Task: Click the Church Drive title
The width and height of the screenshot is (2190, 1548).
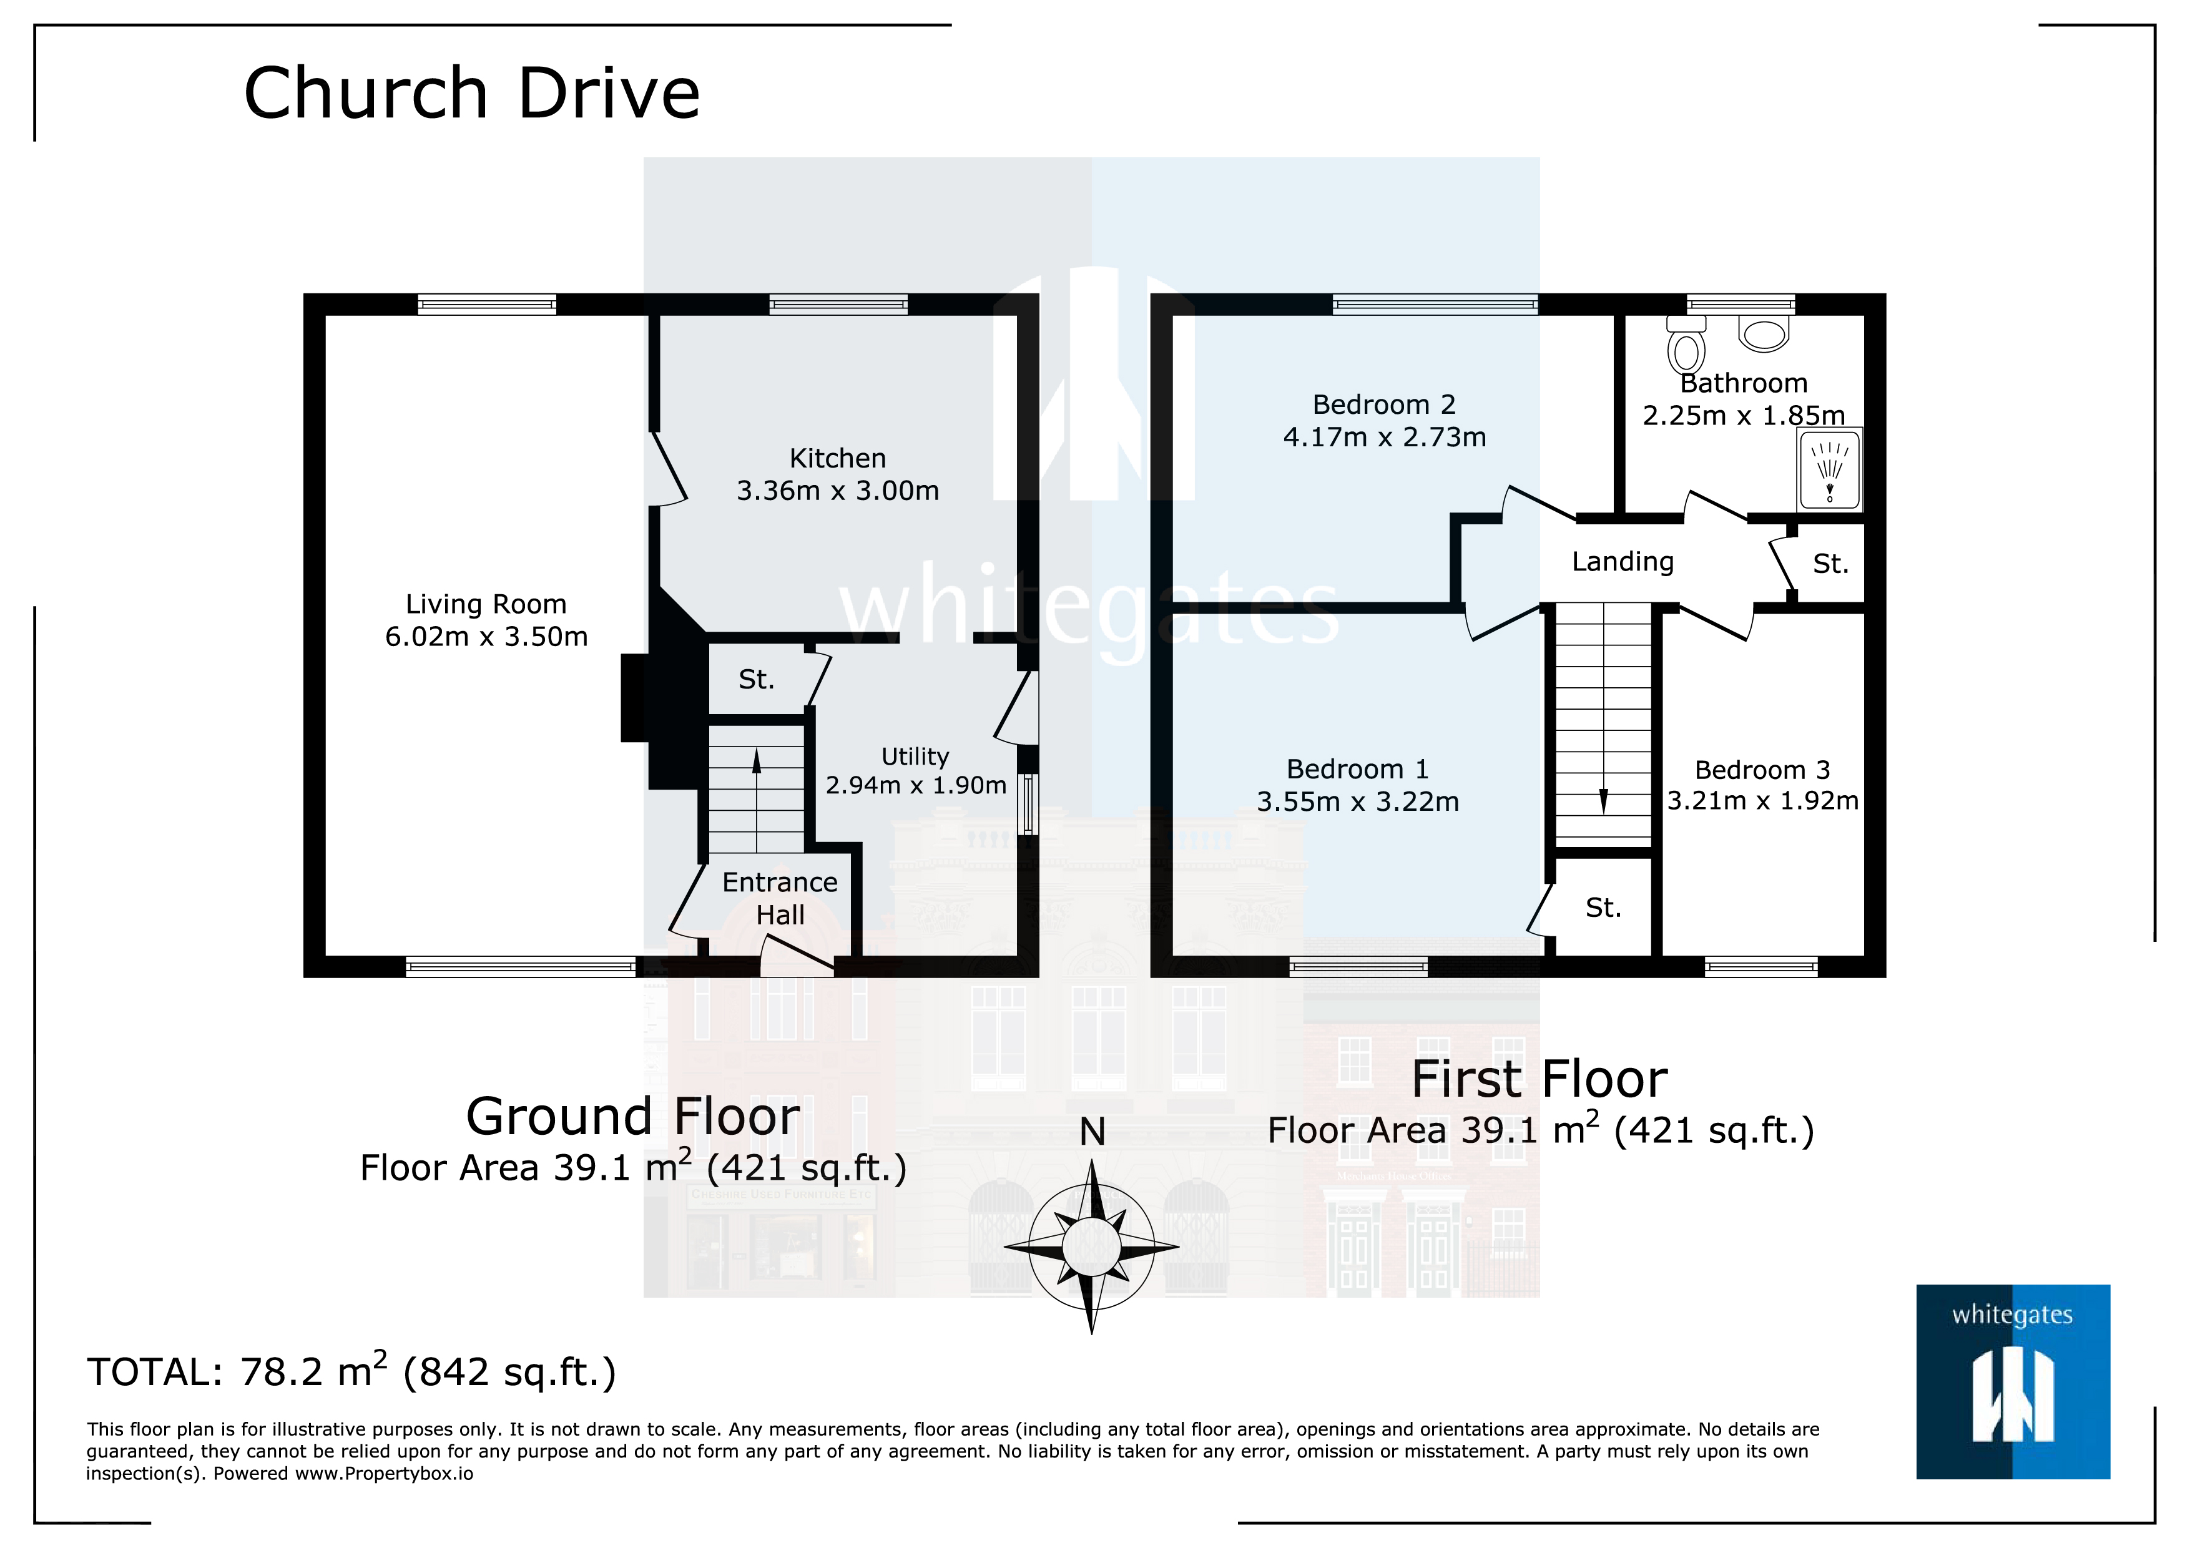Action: pos(471,94)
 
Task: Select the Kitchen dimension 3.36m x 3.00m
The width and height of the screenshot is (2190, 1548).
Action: pos(837,490)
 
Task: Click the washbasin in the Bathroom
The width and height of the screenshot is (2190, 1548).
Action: pos(1764,335)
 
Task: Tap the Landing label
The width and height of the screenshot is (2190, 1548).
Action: pos(1623,562)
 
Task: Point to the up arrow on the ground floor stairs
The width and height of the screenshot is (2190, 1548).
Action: pos(757,761)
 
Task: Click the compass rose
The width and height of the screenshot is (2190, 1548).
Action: pos(1092,1246)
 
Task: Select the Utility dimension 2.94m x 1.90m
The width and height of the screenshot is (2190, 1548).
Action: pos(916,785)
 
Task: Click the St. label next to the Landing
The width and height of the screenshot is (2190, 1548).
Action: pos(1829,564)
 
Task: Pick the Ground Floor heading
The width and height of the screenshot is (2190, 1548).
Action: pos(632,1116)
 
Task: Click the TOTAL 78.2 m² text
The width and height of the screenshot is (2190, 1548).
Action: pos(351,1371)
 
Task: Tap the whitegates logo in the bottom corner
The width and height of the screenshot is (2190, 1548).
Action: pos(2013,1381)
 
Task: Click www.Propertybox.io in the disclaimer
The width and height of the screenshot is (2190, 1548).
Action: pos(383,1474)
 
